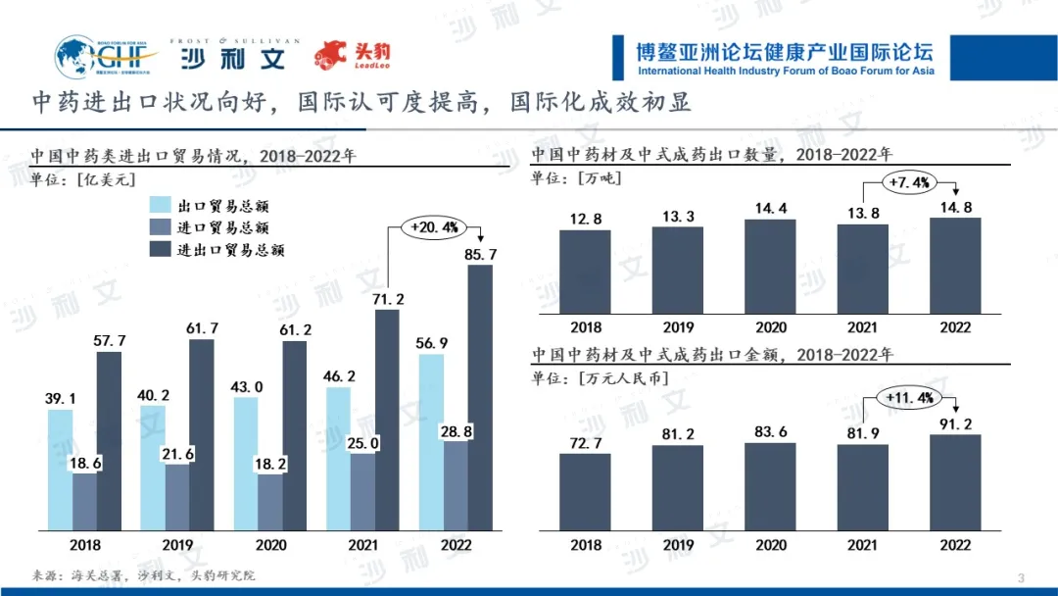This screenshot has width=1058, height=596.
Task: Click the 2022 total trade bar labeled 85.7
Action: click(480, 397)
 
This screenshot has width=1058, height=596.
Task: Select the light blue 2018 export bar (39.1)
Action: click(60, 470)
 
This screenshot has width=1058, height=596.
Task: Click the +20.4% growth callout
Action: click(435, 227)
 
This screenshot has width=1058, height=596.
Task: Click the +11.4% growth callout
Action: click(908, 397)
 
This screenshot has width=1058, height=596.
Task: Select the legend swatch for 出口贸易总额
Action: click(161, 205)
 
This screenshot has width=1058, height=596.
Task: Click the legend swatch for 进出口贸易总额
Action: click(161, 249)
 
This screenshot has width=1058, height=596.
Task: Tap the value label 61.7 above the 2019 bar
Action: click(202, 327)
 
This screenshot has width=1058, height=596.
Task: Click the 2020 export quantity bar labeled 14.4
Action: click(770, 266)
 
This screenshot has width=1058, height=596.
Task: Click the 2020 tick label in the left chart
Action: click(270, 545)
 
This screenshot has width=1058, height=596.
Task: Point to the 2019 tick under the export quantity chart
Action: click(678, 327)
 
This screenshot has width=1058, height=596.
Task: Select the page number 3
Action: click(1022, 575)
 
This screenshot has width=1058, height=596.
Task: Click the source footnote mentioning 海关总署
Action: click(143, 575)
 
